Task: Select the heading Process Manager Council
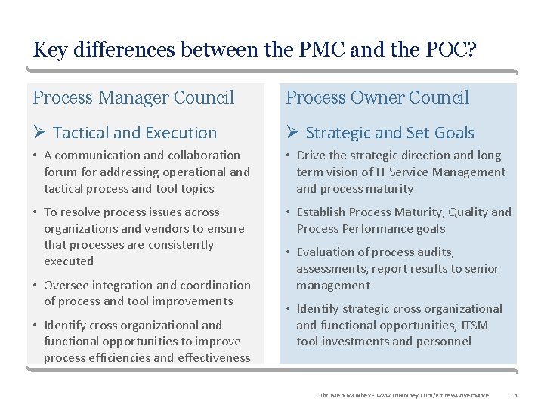pos(134,97)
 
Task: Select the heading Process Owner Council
pos(377,97)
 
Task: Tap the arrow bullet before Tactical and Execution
pos(40,133)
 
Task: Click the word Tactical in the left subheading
pos(80,133)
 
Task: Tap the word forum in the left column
pos(60,172)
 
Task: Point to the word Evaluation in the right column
pos(326,252)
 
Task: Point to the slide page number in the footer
pos(514,396)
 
